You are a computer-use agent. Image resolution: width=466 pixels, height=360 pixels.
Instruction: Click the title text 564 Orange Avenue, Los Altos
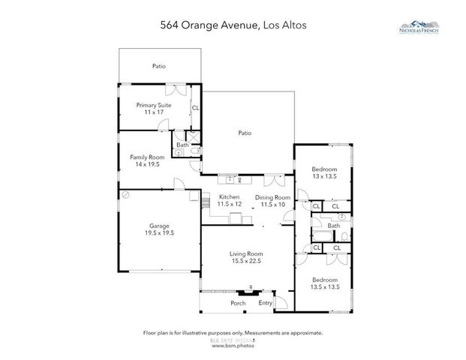tap(233, 24)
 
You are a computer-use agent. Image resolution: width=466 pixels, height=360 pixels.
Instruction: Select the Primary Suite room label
tap(154, 105)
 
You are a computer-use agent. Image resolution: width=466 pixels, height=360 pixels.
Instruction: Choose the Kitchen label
tap(229, 196)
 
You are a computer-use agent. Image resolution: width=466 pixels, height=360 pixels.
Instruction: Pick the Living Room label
tap(245, 253)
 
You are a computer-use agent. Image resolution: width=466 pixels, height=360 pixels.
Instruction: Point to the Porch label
tap(238, 303)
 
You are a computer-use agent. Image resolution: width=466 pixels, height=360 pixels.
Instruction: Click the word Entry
tap(266, 303)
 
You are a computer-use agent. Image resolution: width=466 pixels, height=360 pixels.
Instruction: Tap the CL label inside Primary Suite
tap(195, 108)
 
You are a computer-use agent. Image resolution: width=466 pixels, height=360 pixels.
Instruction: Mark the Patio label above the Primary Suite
tap(158, 66)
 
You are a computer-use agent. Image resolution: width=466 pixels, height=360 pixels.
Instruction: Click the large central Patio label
tap(245, 133)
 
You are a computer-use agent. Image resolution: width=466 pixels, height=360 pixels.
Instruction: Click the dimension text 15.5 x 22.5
tap(245, 260)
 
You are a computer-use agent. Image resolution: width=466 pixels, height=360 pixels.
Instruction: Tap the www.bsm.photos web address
tap(233, 346)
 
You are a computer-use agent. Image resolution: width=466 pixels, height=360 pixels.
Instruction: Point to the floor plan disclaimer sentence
tap(233, 332)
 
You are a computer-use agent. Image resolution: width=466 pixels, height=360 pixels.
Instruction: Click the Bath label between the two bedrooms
tap(333, 225)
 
